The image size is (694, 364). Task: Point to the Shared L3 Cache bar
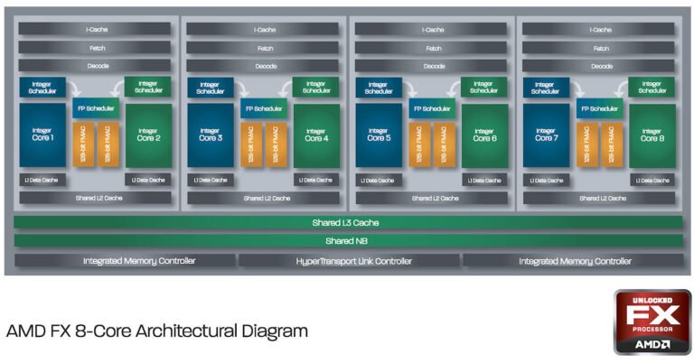(347, 222)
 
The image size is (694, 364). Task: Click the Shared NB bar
(347, 241)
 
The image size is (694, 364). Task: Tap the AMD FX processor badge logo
(652, 322)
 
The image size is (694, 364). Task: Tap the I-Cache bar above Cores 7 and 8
(599, 30)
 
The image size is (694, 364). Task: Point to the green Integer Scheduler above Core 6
(484, 87)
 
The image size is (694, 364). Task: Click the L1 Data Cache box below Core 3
(209, 180)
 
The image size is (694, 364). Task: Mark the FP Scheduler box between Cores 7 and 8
(599, 108)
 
